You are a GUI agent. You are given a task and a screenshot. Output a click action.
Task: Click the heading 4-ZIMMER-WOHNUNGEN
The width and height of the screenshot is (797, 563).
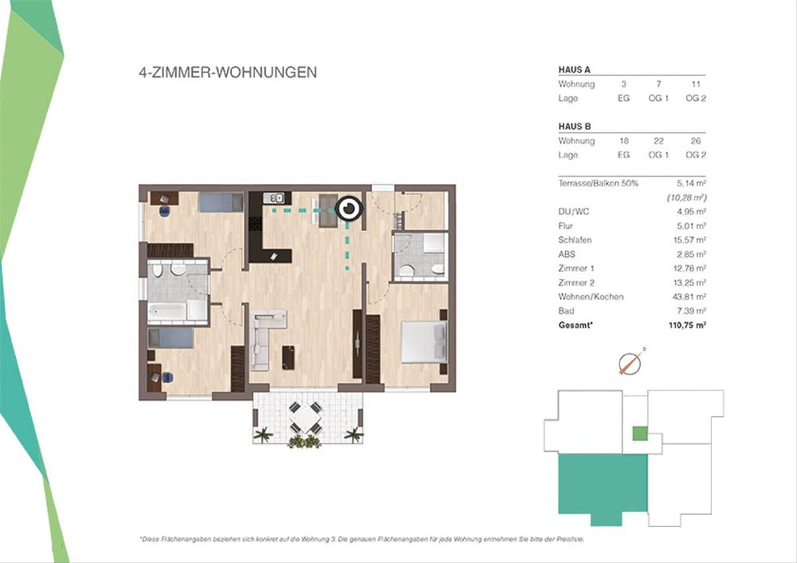pyautogui.click(x=228, y=72)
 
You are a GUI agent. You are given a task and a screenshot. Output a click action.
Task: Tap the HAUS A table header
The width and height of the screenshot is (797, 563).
pyautogui.click(x=575, y=70)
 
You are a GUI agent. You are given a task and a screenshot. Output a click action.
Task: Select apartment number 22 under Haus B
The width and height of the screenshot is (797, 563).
pyautogui.click(x=658, y=141)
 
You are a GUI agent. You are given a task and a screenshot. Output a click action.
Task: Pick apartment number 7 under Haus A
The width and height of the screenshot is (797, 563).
pyautogui.click(x=659, y=84)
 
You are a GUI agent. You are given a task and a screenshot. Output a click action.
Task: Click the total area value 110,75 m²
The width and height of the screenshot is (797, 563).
pyautogui.click(x=687, y=325)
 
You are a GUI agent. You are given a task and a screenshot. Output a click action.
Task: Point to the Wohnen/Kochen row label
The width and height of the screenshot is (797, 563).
pyautogui.click(x=590, y=297)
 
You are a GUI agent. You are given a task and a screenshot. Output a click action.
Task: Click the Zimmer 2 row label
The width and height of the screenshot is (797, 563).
pyautogui.click(x=576, y=283)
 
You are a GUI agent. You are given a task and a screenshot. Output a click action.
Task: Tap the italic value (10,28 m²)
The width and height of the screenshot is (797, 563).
pyautogui.click(x=686, y=197)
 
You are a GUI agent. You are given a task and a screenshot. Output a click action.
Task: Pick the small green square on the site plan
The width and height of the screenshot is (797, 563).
pyautogui.click(x=640, y=434)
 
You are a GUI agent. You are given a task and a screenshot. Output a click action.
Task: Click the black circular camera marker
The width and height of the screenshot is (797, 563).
pyautogui.click(x=349, y=208)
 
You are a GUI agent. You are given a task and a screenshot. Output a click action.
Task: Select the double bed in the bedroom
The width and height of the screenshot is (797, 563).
pyautogui.click(x=424, y=341)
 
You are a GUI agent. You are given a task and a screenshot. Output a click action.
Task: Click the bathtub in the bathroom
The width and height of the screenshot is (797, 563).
pyautogui.click(x=167, y=311)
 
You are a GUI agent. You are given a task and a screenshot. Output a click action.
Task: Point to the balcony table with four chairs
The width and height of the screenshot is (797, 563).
pyautogui.click(x=306, y=417)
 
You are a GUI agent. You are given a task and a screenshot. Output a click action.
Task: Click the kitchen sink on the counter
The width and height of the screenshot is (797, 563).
pyautogui.click(x=273, y=197)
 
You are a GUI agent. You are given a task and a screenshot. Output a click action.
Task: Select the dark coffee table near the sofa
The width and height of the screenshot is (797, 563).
pyautogui.click(x=288, y=358)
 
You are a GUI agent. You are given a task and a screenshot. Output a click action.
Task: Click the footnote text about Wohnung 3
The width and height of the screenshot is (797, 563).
pyautogui.click(x=362, y=539)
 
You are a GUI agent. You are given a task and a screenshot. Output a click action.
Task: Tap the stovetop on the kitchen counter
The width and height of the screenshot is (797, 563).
pyautogui.click(x=255, y=224)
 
